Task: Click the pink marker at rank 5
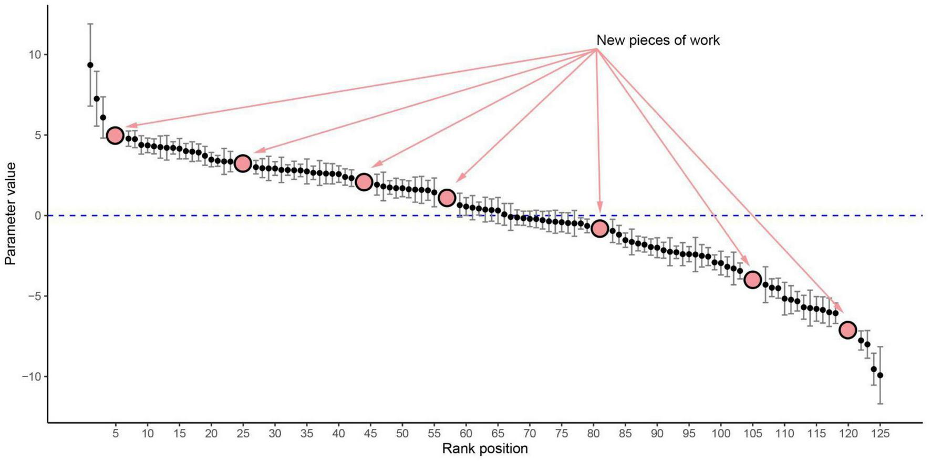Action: tap(115, 136)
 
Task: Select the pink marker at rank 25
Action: tap(242, 163)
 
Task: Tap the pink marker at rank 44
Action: tap(364, 182)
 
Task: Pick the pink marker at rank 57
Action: tap(447, 198)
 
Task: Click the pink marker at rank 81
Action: tap(599, 229)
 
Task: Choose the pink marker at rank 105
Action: tap(752, 280)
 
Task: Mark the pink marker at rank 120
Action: tap(847, 330)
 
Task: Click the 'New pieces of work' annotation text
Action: tap(658, 40)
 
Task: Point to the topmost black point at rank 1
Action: tap(90, 65)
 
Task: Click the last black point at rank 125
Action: tap(880, 375)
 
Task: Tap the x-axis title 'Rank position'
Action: tap(484, 448)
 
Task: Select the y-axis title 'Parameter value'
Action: tap(10, 213)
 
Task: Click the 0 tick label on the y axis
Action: tap(37, 216)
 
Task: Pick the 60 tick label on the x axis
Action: tap(465, 434)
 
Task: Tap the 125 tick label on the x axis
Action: tap(880, 434)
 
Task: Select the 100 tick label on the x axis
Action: tap(720, 434)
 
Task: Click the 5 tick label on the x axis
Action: tap(115, 434)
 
